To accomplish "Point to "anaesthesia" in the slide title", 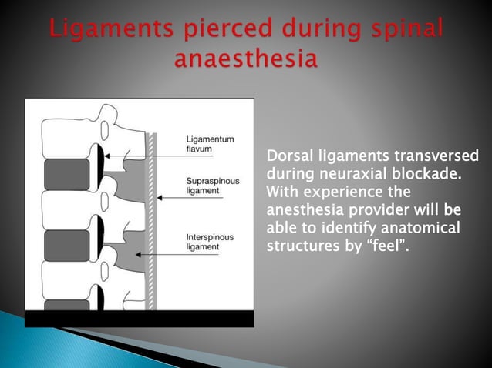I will tap(246, 60).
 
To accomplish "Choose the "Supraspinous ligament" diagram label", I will tap(208, 184).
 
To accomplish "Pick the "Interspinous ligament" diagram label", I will tap(206, 242).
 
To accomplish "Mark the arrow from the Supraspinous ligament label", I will tap(190, 198).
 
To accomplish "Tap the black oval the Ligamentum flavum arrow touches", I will tap(100, 157).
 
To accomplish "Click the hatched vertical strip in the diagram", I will tap(152, 223).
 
